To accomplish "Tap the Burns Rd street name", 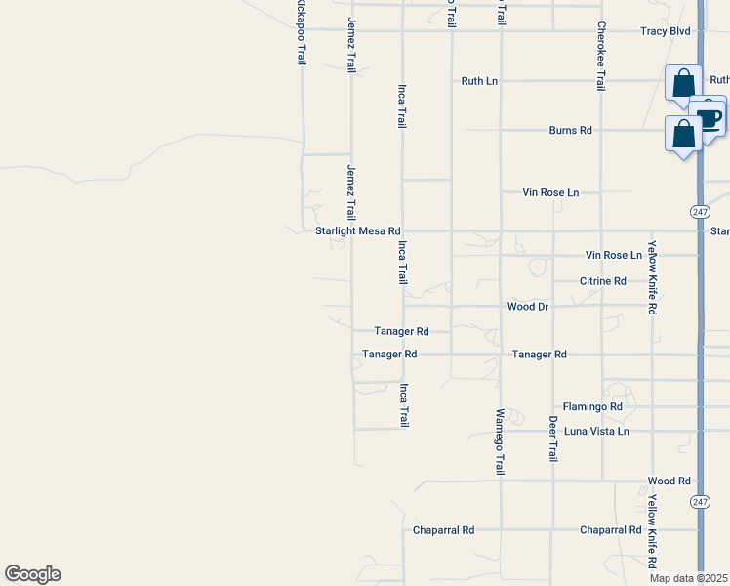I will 571,130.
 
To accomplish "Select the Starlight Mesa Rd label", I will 358,231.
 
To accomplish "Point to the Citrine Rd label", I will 603,281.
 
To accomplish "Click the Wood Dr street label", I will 529,307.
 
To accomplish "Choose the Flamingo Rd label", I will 592,406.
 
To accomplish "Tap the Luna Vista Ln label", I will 596,431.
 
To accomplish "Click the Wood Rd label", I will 669,481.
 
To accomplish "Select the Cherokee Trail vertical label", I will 601,56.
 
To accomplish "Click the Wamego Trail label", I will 500,441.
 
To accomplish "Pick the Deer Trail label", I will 552,439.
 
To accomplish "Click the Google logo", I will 32,574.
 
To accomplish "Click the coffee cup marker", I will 708,117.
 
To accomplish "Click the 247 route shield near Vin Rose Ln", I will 700,212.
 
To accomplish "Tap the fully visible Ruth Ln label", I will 479,81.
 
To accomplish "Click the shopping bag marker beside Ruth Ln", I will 683,83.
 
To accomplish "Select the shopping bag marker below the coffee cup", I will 683,134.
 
